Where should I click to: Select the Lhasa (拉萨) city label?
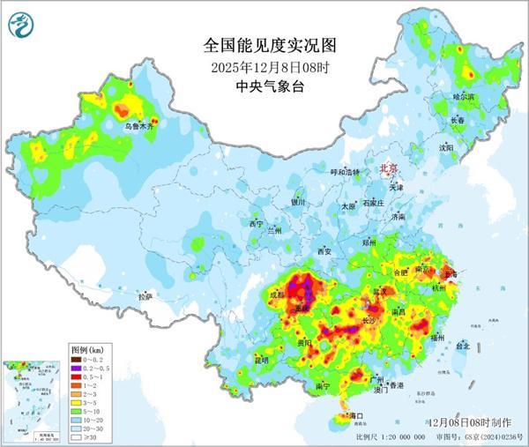coord(145,296)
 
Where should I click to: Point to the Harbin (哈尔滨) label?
coord(463,95)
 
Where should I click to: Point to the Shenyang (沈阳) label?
coord(446,148)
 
